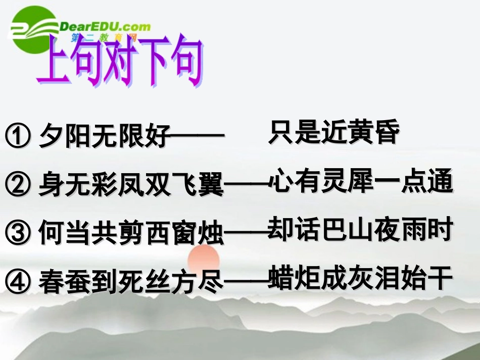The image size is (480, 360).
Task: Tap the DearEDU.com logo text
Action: click(105, 26)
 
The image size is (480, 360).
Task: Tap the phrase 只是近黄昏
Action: click(334, 133)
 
